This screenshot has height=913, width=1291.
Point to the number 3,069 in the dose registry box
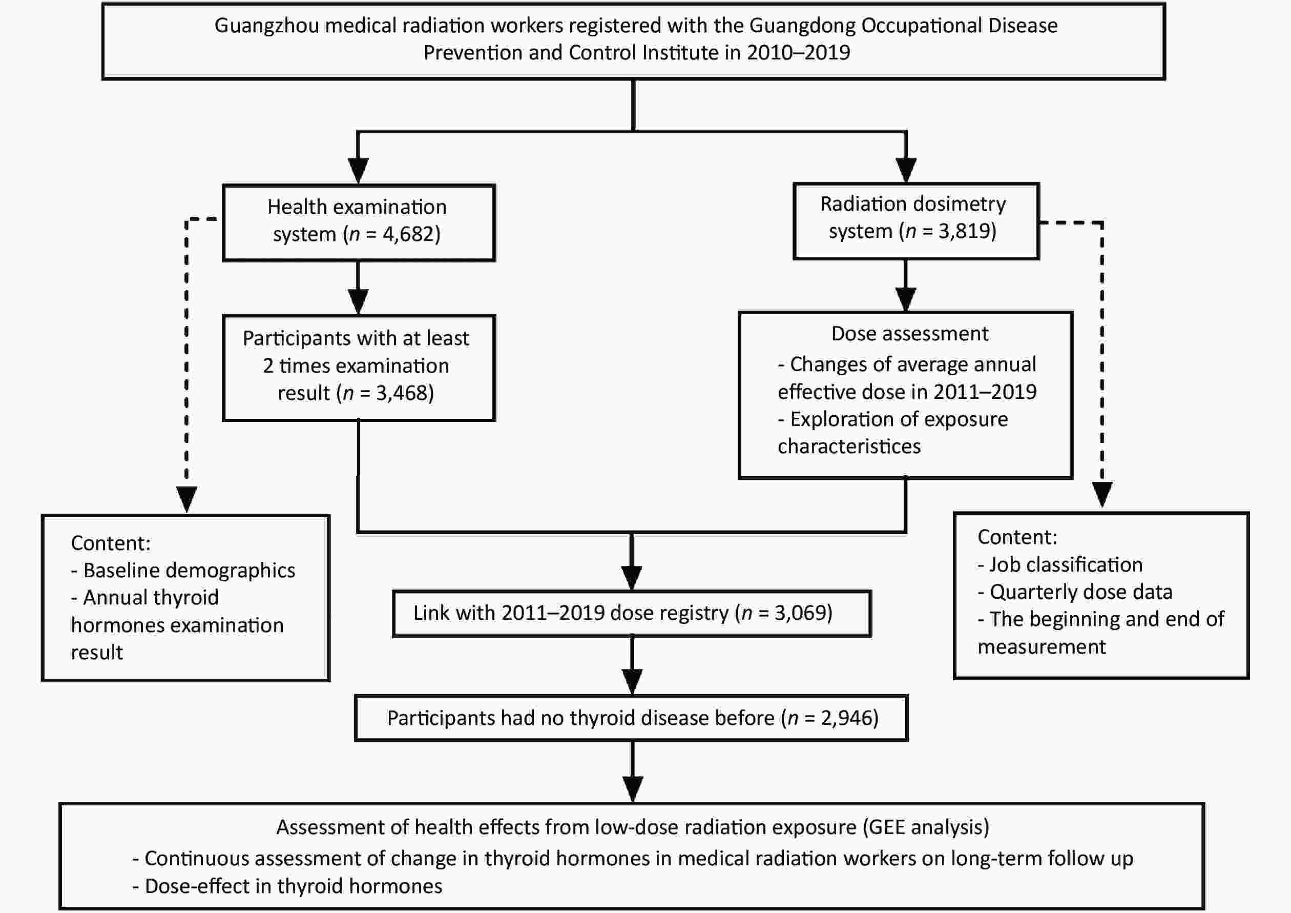point(800,613)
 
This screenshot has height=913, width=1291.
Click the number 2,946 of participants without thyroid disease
point(846,718)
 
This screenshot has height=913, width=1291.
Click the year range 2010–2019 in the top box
point(799,52)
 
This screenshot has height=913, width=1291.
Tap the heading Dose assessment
point(910,334)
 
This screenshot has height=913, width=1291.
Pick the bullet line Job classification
point(1060,564)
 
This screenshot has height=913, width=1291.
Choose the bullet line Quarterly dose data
point(1075,592)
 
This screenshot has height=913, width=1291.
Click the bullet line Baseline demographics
point(183,571)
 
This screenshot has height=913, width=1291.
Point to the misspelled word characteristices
point(849,446)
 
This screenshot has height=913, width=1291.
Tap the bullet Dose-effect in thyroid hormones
point(287,886)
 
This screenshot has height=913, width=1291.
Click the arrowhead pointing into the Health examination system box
point(358,170)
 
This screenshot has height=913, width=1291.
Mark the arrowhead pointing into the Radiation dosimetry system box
point(905,170)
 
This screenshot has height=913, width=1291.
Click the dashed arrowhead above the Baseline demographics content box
point(186,499)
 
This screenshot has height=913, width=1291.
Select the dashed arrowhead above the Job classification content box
point(1102,495)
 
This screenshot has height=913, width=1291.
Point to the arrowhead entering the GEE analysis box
point(633,788)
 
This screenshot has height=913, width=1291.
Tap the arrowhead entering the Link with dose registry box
point(632,577)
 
